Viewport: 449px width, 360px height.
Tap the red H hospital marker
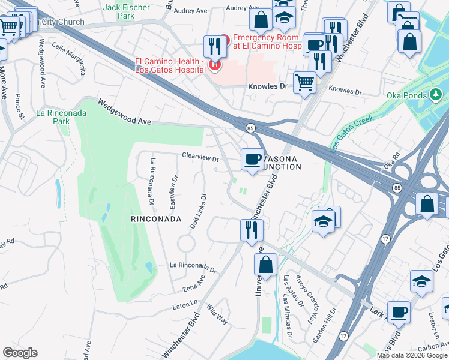(x=214, y=64)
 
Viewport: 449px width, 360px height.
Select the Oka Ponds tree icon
(x=436, y=95)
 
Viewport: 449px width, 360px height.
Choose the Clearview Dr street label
(x=200, y=158)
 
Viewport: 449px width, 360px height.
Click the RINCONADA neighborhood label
(x=156, y=220)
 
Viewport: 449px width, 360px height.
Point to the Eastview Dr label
(x=173, y=191)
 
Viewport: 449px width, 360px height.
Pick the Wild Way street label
(x=217, y=314)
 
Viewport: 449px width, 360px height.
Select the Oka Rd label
(x=391, y=163)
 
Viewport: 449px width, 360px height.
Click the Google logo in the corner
(x=20, y=352)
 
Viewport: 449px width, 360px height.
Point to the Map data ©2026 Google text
(x=412, y=355)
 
